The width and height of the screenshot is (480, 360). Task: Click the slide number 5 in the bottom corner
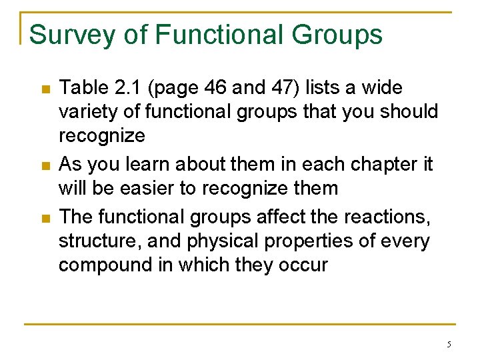pyautogui.click(x=449, y=345)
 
